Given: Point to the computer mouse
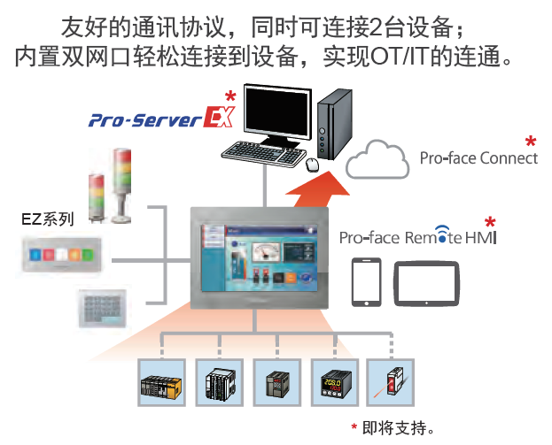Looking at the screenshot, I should (312, 164).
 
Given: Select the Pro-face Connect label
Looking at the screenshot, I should (478, 158).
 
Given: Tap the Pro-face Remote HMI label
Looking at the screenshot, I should (418, 238).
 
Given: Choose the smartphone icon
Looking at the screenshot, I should (366, 281).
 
